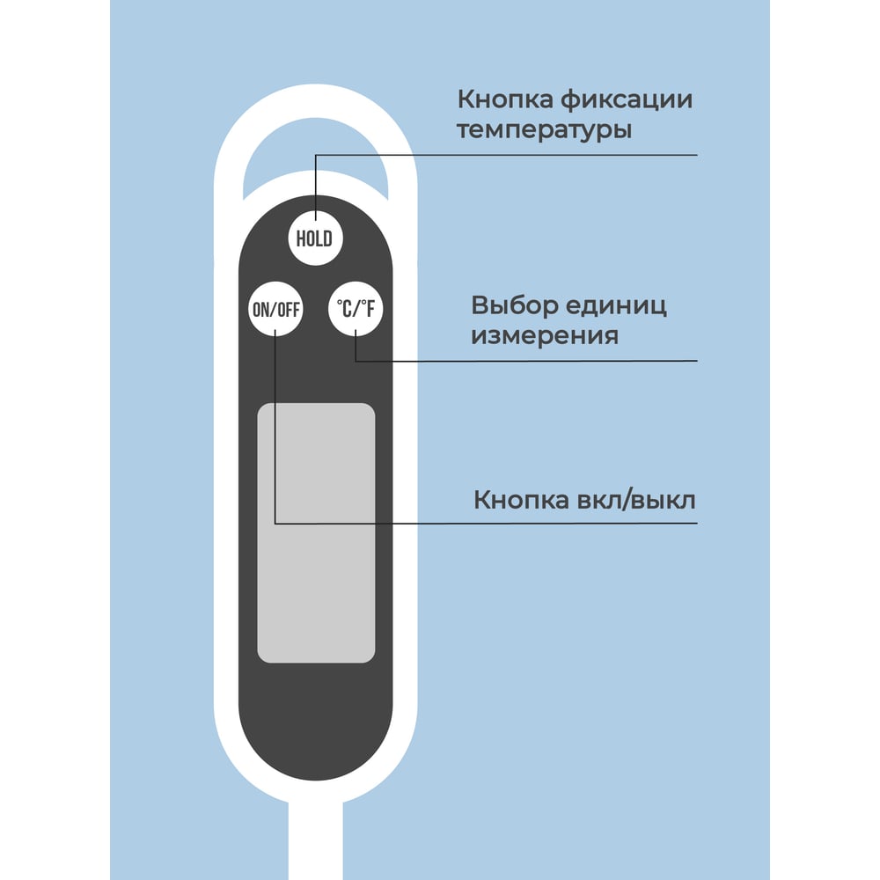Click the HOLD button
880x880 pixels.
click(315, 238)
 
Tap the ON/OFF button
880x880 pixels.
click(275, 309)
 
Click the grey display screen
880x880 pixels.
click(316, 532)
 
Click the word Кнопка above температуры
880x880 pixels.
click(505, 100)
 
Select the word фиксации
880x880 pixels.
click(627, 99)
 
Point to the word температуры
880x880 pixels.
click(545, 130)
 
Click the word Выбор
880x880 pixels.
click(515, 306)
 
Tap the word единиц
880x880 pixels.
click(616, 306)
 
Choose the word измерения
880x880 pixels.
click(545, 336)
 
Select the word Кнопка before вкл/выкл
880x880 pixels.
click(521, 500)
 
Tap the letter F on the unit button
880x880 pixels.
click(370, 309)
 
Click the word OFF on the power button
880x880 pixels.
click(289, 309)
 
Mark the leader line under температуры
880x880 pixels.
click(506, 155)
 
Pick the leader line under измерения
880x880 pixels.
click(526, 361)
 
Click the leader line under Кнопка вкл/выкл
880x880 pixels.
click(486, 523)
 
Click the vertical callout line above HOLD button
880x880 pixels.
click(315, 187)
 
